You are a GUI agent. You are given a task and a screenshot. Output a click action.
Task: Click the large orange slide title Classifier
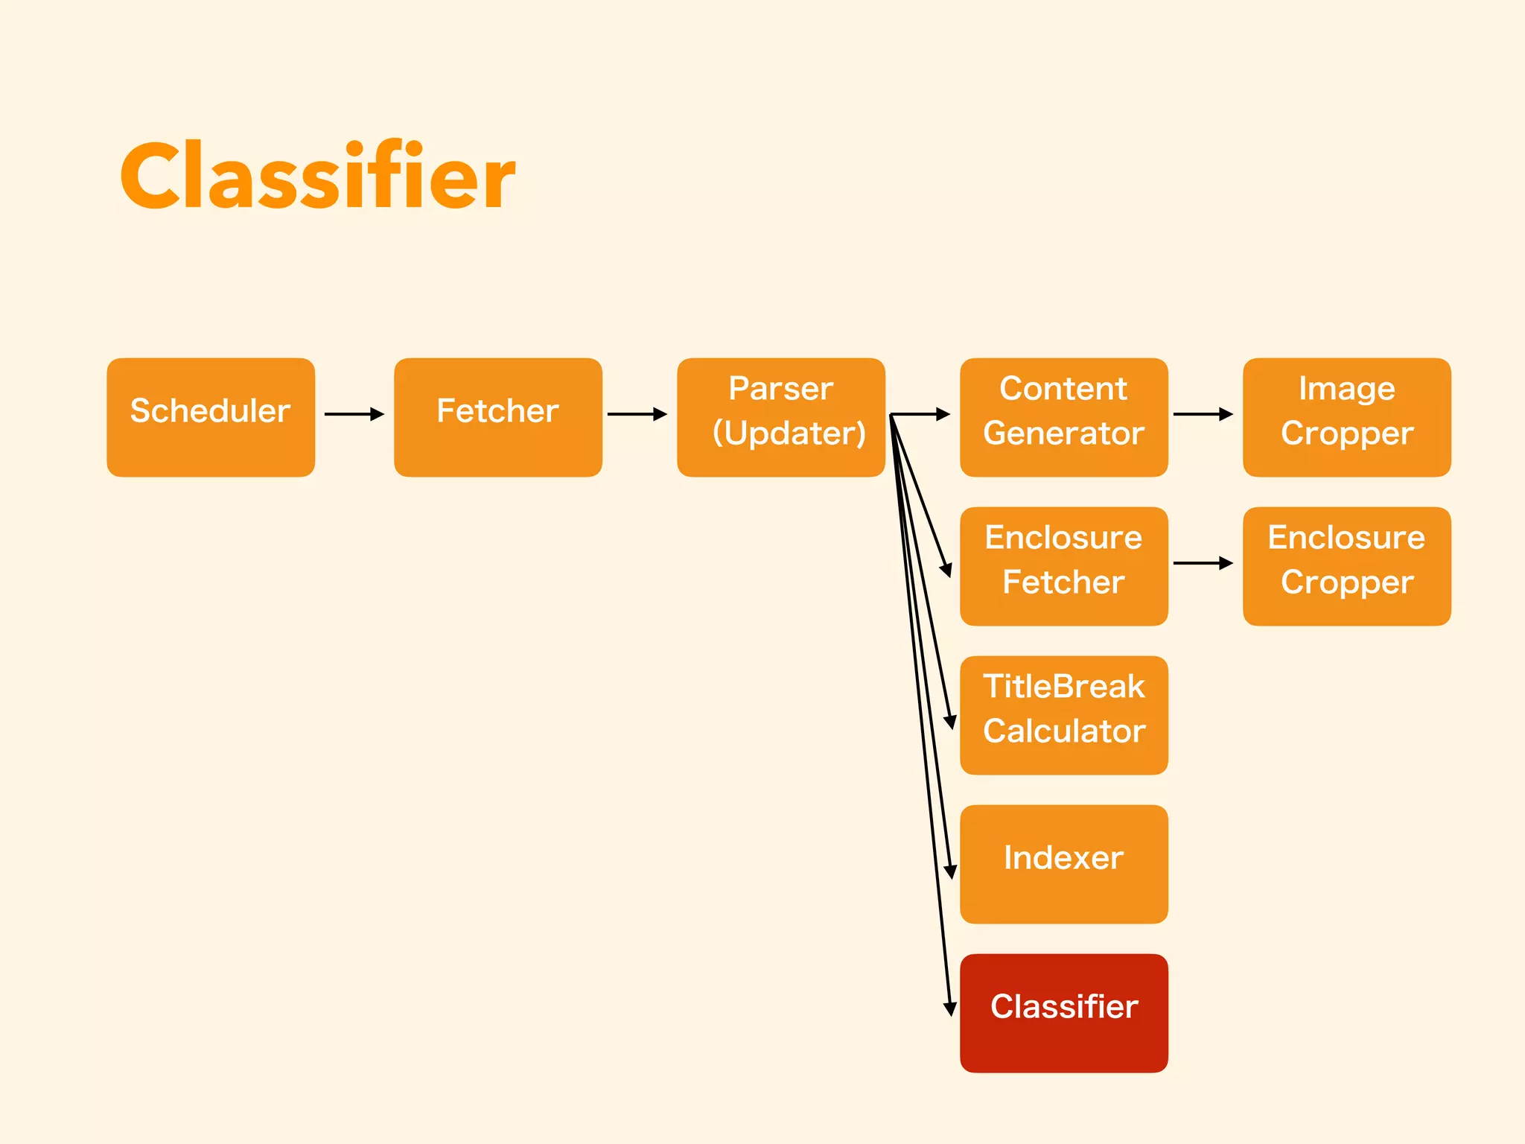click(x=317, y=176)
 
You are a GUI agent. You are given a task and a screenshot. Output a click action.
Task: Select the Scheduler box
click(x=211, y=417)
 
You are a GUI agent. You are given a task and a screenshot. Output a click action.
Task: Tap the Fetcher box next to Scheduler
click(x=497, y=417)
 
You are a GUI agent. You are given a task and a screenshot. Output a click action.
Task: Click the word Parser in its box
click(x=780, y=389)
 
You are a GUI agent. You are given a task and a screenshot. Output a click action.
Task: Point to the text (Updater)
click(x=789, y=433)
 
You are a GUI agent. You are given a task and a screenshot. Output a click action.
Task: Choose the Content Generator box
click(x=1063, y=417)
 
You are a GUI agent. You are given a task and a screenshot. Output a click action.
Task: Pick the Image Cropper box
click(x=1346, y=417)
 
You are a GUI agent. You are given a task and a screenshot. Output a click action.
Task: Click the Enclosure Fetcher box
click(x=1063, y=566)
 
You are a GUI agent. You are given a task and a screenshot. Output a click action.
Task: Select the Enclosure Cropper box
click(x=1346, y=566)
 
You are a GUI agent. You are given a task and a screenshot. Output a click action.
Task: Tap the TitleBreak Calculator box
click(x=1063, y=715)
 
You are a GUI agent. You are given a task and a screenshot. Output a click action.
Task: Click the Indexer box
click(x=1063, y=864)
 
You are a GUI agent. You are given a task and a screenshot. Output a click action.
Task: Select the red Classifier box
click(x=1063, y=1013)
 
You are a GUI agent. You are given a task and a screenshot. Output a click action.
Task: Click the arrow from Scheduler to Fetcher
click(x=354, y=414)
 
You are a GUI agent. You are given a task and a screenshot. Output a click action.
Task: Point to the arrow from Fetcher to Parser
click(x=637, y=414)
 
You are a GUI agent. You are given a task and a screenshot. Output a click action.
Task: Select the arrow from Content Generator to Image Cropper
click(x=1203, y=414)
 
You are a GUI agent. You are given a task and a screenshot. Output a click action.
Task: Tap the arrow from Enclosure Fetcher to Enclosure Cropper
click(x=1203, y=563)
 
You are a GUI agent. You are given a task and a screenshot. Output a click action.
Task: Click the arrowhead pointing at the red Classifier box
click(x=949, y=1009)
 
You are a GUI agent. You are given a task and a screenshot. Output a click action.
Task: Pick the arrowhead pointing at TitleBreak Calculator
click(x=950, y=721)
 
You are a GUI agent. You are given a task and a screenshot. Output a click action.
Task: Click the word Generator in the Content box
click(x=1063, y=433)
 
